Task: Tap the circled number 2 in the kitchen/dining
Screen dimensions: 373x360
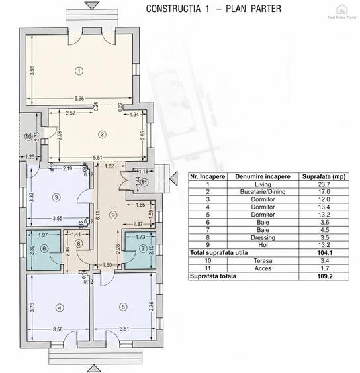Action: tap(101, 134)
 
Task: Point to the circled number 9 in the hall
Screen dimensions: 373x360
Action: tap(113, 214)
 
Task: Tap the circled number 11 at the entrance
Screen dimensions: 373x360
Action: tap(145, 184)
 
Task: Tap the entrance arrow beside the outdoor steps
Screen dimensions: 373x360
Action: tap(173, 177)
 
